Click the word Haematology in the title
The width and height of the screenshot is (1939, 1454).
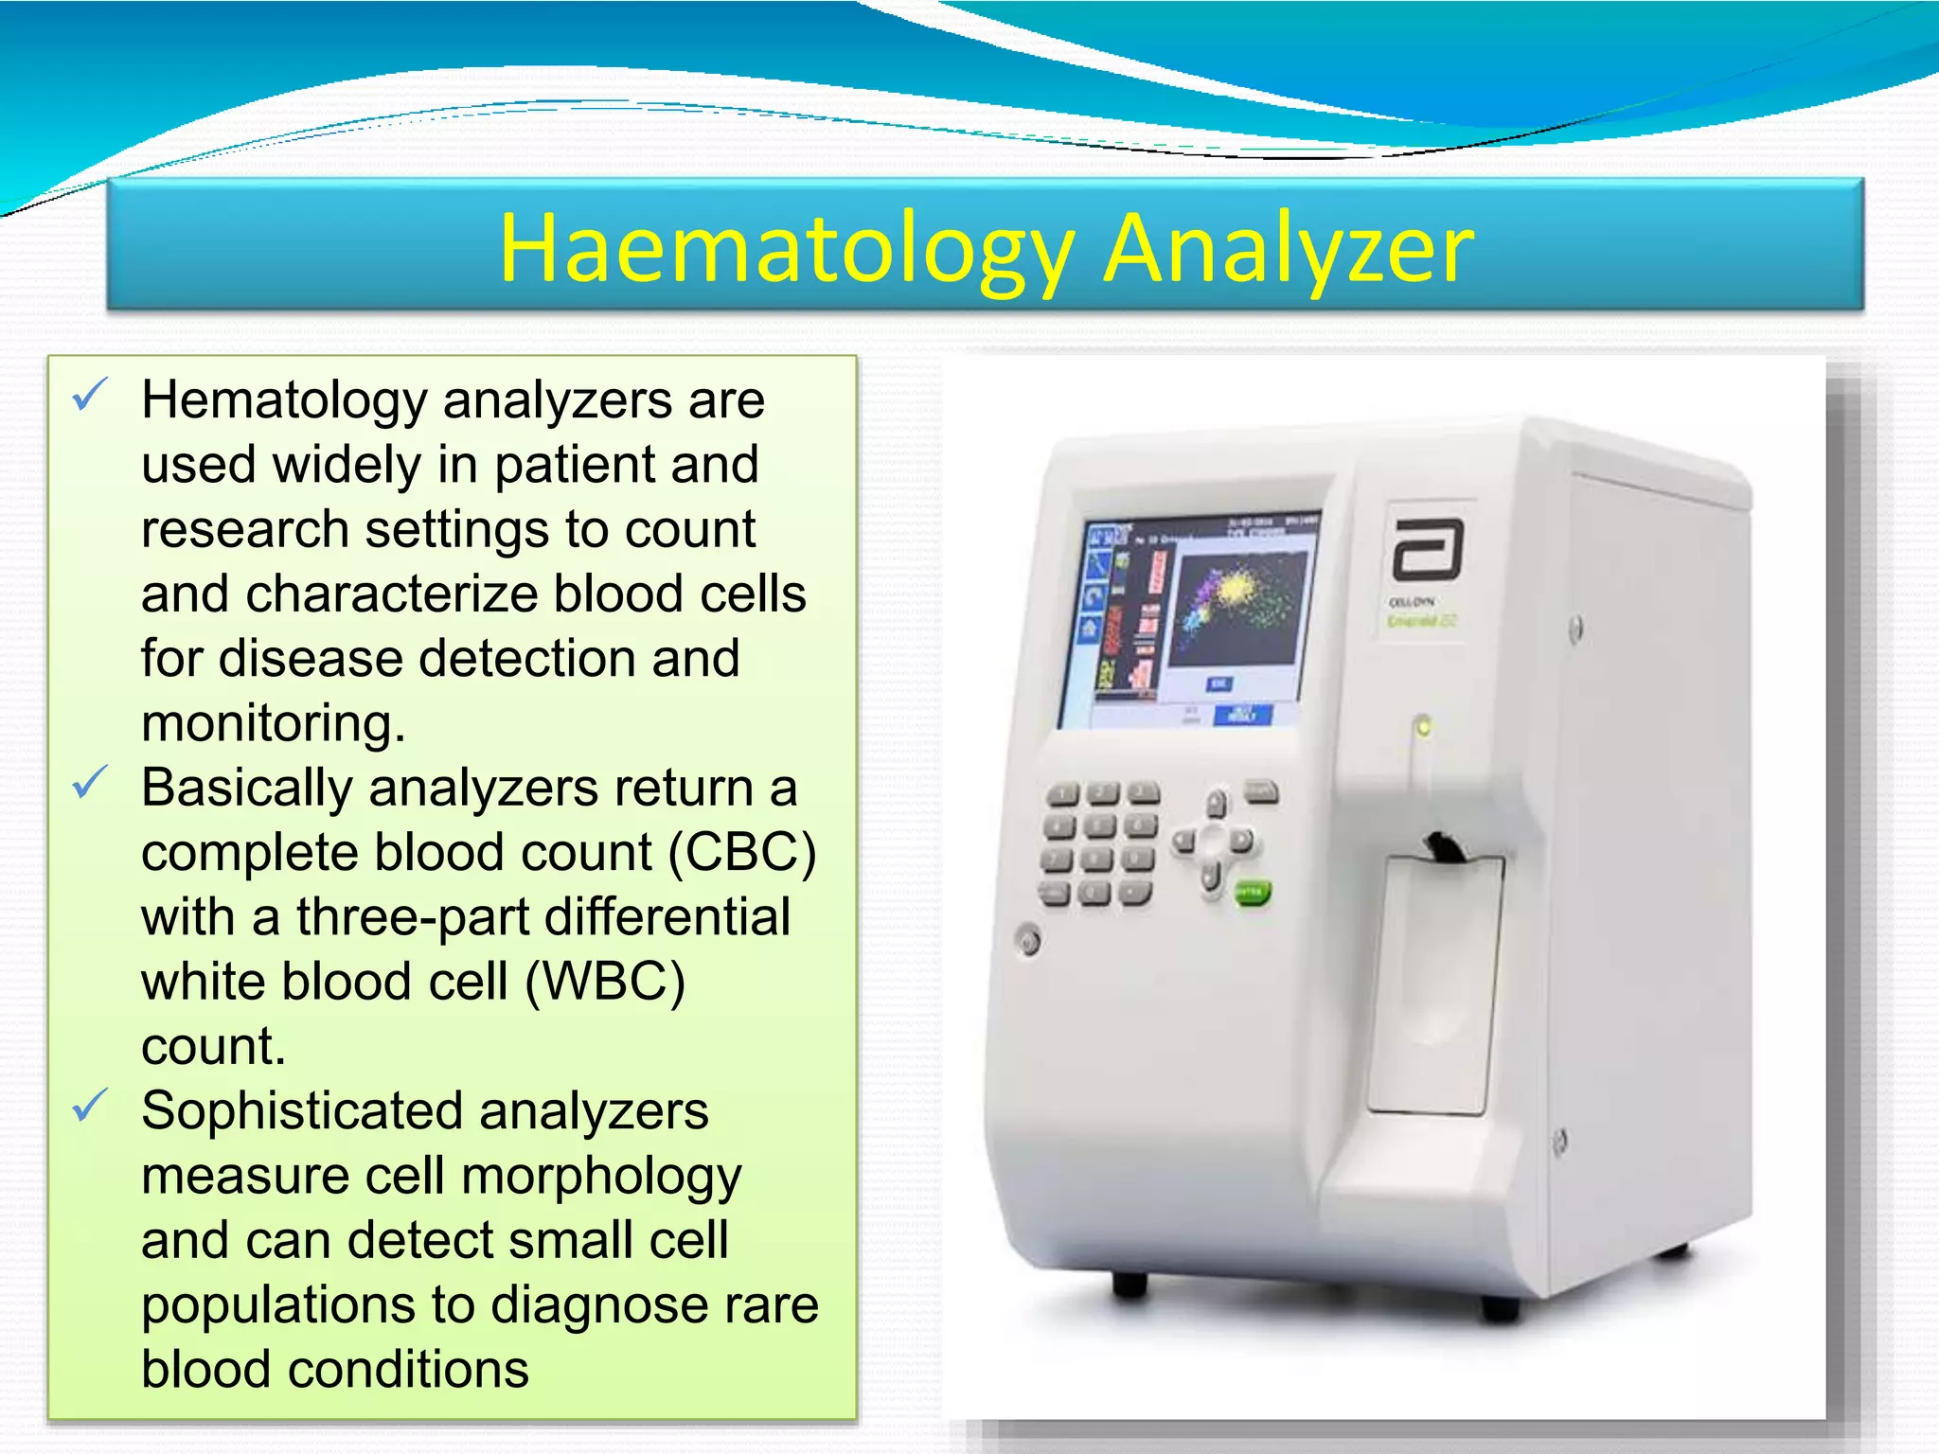point(785,249)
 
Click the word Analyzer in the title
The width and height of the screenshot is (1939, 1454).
point(1289,249)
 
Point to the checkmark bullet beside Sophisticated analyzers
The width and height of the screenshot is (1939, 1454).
point(90,1105)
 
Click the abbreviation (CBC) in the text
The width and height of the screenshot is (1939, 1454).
point(742,852)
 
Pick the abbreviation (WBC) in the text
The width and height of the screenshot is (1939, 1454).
point(605,981)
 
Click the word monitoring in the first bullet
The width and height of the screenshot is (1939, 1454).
point(273,723)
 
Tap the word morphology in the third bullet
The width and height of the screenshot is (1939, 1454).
point(601,1176)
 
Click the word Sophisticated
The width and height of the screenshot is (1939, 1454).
point(302,1110)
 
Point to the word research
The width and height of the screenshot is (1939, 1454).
point(244,528)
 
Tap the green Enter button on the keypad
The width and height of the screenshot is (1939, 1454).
point(1252,893)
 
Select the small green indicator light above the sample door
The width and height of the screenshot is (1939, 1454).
point(1422,727)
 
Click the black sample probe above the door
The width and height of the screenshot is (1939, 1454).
point(1446,845)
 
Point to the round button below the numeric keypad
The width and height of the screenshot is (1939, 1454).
point(1028,941)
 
